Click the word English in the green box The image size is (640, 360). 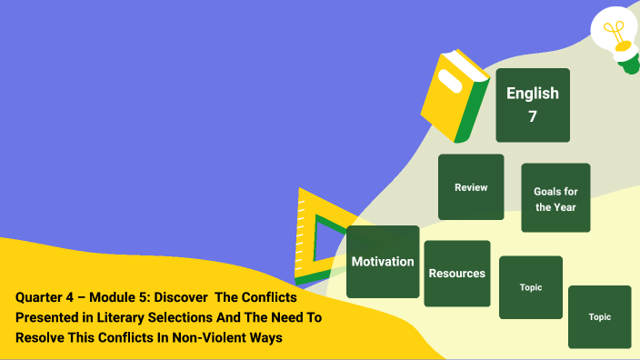point(533,93)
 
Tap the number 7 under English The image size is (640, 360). point(533,116)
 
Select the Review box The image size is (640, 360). point(471,187)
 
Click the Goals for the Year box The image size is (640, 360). point(555,198)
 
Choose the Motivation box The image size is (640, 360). point(383,262)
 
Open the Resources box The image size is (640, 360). point(457,273)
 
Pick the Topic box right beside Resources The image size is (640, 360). point(531,287)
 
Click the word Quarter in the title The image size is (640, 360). point(38,297)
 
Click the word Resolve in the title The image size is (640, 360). point(38,337)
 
